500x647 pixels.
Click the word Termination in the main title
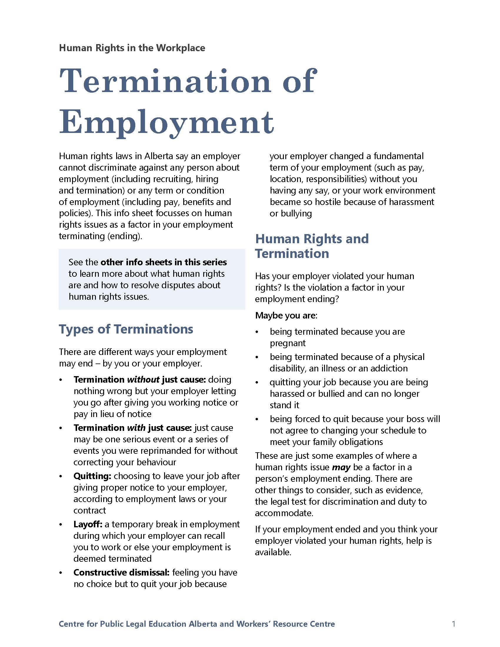165,81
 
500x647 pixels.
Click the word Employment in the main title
166,122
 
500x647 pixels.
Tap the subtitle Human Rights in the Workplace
132,48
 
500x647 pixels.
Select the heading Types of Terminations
126,329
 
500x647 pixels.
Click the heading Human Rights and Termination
311,246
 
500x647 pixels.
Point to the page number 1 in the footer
454,624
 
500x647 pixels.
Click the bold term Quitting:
92,476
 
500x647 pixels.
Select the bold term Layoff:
88,524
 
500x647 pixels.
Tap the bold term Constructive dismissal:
121,572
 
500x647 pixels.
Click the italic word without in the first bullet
143,380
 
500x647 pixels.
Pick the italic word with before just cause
136,428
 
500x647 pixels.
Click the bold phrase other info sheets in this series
164,262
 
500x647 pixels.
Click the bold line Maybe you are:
286,316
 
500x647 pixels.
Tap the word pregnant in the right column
287,343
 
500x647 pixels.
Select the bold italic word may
341,468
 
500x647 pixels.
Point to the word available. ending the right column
273,552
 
